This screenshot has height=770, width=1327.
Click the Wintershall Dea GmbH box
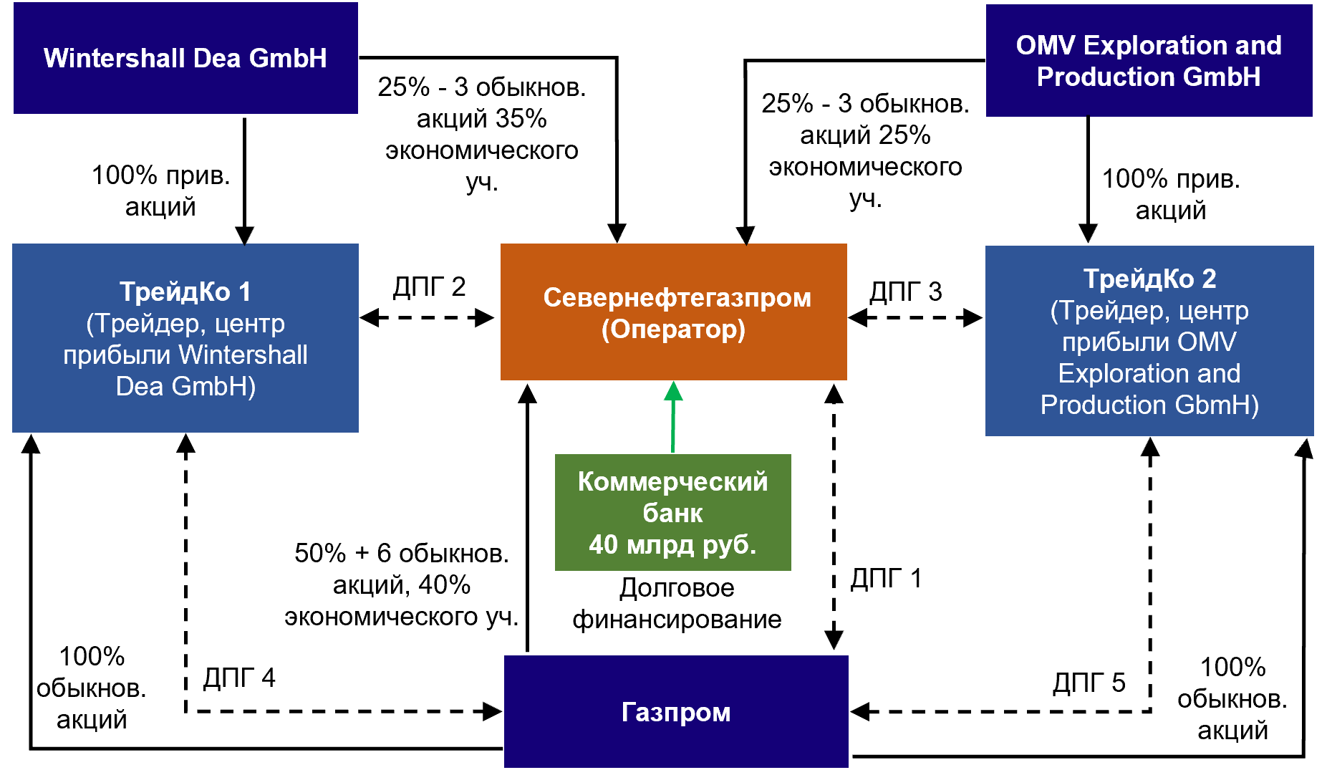pos(185,58)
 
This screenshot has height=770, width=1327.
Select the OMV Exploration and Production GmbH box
pos(1149,61)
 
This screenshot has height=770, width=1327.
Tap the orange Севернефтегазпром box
pos(673,312)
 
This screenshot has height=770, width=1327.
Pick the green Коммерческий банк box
pos(672,512)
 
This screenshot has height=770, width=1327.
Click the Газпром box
pos(676,711)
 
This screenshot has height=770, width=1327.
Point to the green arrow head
pos(673,391)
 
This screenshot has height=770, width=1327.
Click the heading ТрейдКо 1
pos(185,292)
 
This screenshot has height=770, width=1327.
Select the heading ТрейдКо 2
pos(1149,279)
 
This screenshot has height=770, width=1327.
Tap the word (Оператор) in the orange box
pos(673,329)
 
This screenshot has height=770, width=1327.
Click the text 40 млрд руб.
pos(672,544)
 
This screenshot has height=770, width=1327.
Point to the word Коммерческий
pos(672,481)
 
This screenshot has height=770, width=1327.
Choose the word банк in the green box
pos(672,513)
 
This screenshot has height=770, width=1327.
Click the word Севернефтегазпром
pos(677,297)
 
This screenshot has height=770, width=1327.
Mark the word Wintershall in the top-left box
pos(114,58)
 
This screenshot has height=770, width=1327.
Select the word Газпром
pos(676,712)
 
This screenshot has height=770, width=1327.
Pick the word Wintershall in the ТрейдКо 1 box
pos(243,355)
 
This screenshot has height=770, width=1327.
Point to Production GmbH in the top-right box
pos(1149,77)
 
